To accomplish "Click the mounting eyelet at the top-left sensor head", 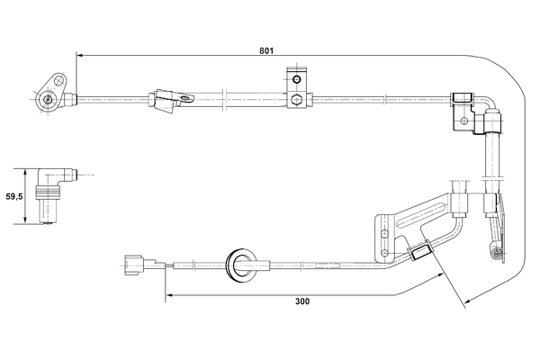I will tap(46, 99).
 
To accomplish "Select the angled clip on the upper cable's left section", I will tap(165, 100).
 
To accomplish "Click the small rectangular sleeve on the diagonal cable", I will tap(418, 252).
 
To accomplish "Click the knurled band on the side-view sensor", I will tap(45, 192).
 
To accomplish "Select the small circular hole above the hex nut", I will tap(295, 75).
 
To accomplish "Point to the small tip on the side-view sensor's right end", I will tap(81, 175).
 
